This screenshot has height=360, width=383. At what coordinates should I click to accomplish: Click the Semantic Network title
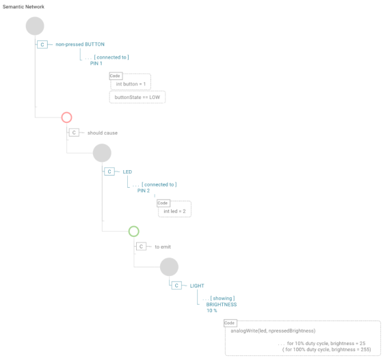tap(23, 7)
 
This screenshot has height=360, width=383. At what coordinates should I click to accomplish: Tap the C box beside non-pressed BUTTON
tap(42, 44)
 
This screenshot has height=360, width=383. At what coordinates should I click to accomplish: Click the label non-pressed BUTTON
tap(80, 44)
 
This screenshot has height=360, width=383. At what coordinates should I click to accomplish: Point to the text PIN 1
tap(96, 64)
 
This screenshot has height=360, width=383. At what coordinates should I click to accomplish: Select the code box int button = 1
tap(131, 84)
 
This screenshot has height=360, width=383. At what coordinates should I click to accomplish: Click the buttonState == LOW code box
tap(137, 97)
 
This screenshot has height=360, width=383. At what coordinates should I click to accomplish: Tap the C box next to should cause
tap(74, 133)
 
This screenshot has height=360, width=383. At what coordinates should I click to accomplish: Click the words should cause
tap(103, 133)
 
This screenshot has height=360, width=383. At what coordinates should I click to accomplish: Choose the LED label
tap(127, 172)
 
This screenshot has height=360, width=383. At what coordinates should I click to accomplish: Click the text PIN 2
tap(144, 191)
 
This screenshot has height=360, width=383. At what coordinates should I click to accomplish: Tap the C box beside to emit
tap(141, 247)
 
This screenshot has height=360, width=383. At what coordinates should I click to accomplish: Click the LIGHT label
tap(197, 286)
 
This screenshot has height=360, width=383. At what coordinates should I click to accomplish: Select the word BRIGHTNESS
tap(222, 305)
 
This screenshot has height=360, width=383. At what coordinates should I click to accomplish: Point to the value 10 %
tap(212, 311)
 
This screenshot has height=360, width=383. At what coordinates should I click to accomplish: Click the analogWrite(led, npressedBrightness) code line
tap(273, 331)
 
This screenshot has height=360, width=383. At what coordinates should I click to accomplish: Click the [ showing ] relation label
tap(222, 299)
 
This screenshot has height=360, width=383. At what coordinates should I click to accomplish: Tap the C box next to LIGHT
tap(176, 286)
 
